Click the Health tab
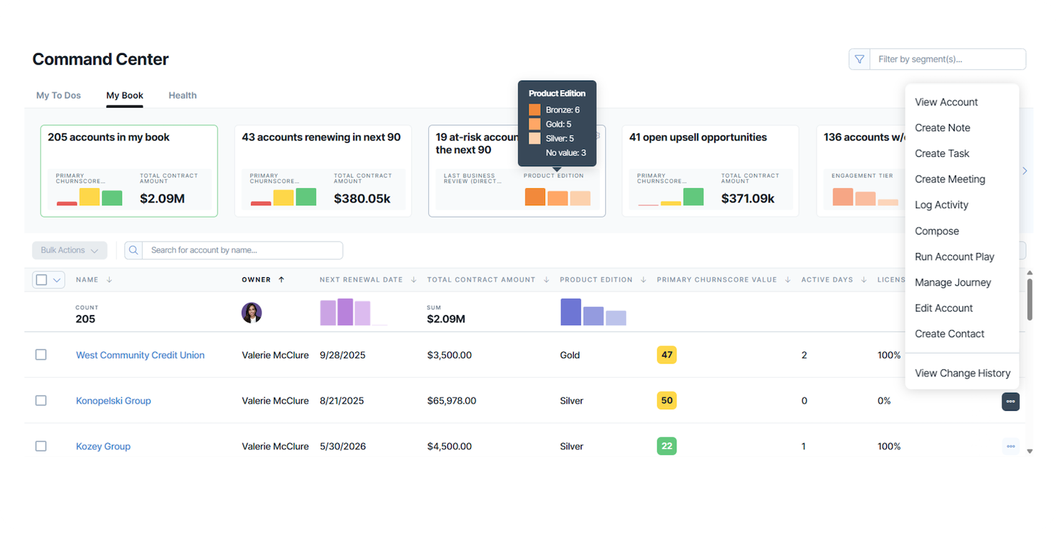coord(182,96)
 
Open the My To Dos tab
coord(59,96)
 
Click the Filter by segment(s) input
coord(947,59)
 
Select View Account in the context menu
coord(946,102)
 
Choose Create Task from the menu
coord(942,153)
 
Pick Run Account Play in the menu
coord(954,257)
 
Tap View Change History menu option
coord(962,373)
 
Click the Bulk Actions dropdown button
coord(69,250)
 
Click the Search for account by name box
coord(242,250)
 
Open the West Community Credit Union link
coord(140,355)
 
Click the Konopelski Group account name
coord(113,401)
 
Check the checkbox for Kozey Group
coord(41,446)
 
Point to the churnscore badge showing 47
coord(666,355)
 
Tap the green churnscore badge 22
coord(666,446)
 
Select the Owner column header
coord(256,279)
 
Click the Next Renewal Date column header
coord(361,279)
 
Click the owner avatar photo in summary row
coord(252,313)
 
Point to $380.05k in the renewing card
coord(362,198)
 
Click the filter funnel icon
coord(859,59)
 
